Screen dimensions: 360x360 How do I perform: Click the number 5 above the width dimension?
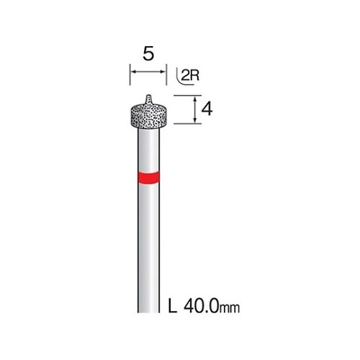pyautogui.click(x=148, y=54)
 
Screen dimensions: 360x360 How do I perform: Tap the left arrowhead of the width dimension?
pyautogui.click(x=132, y=71)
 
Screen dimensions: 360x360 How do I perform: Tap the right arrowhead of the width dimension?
pyautogui.click(x=163, y=71)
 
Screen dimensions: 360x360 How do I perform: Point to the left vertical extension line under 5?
pyautogui.click(x=130, y=74)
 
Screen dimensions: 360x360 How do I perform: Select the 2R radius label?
pyautogui.click(x=190, y=76)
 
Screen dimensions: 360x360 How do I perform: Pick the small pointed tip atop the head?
pyautogui.click(x=149, y=99)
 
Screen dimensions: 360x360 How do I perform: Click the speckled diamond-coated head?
pyautogui.click(x=149, y=116)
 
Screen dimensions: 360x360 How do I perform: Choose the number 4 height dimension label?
pyautogui.click(x=207, y=110)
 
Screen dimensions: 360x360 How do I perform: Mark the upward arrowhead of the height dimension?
pyautogui.click(x=195, y=99)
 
